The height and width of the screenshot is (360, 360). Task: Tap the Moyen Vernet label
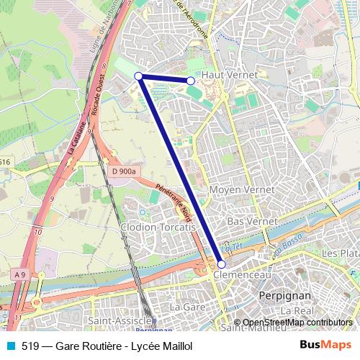point(240,189)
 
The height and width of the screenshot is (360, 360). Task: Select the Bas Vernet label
point(247,221)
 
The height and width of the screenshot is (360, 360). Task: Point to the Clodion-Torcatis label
point(158,227)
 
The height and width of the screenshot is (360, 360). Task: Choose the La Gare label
point(184,306)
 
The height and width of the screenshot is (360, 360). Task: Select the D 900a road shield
point(124,171)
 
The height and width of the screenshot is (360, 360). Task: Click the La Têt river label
point(229,248)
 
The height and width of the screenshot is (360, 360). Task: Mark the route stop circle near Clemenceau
point(221,264)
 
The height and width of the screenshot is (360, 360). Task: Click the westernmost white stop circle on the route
point(138,76)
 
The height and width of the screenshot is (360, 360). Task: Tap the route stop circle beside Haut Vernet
point(191,81)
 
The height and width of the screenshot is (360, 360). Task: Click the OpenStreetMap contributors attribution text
point(297,322)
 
